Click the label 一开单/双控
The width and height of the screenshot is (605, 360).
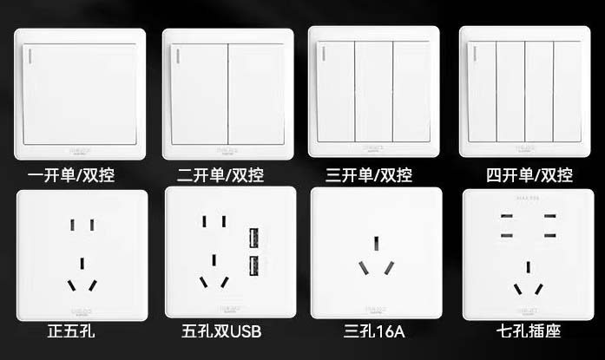pyautogui.click(x=71, y=175)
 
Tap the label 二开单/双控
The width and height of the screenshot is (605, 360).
pyautogui.click(x=220, y=175)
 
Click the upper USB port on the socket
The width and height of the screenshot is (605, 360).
pyautogui.click(x=256, y=236)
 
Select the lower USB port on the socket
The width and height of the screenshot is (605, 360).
pyautogui.click(x=256, y=265)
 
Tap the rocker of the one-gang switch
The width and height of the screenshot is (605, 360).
pyautogui.click(x=80, y=94)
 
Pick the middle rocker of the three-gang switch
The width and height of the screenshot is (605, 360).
pyautogui.click(x=374, y=91)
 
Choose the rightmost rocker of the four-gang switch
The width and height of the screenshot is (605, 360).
pyautogui.click(x=568, y=91)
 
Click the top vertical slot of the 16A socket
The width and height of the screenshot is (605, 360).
pyautogui.click(x=375, y=244)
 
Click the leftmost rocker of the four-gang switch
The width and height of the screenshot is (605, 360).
pyautogui.click(x=482, y=91)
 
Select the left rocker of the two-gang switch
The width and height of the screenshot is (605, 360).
pyautogui.click(x=200, y=94)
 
